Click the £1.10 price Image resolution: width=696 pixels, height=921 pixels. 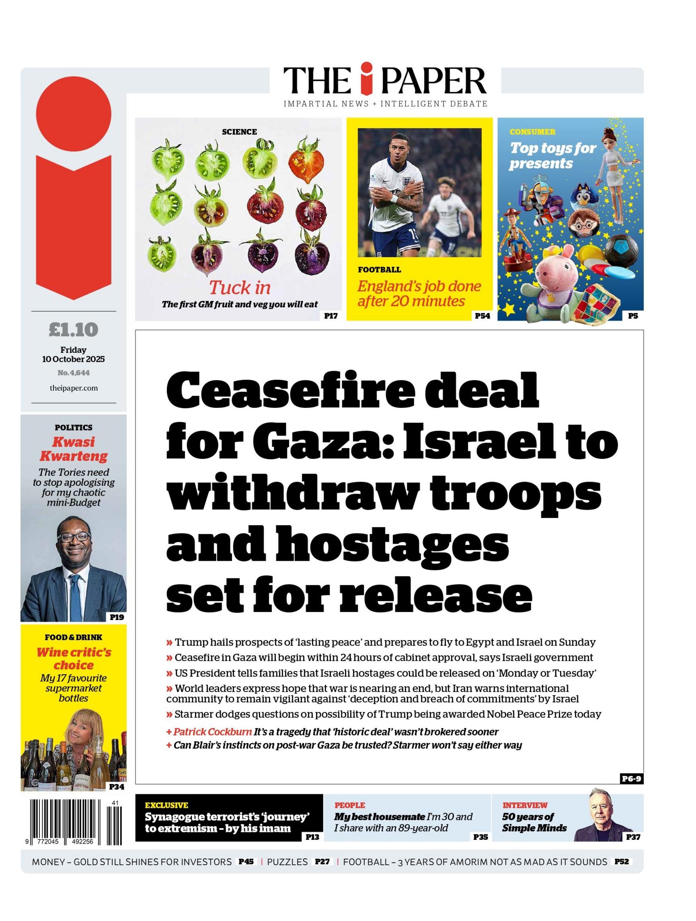pyautogui.click(x=73, y=330)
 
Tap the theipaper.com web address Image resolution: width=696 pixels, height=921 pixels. pyautogui.click(x=73, y=388)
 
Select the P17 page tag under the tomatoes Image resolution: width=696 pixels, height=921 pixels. pyautogui.click(x=331, y=316)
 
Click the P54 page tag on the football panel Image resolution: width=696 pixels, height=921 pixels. pyautogui.click(x=482, y=316)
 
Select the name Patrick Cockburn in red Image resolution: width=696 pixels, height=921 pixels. pyautogui.click(x=213, y=732)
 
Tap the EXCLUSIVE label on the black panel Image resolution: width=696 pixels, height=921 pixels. pyautogui.click(x=166, y=805)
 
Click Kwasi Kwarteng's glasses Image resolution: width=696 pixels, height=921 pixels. pyautogui.click(x=74, y=537)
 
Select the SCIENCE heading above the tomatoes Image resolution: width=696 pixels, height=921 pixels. pyautogui.click(x=239, y=132)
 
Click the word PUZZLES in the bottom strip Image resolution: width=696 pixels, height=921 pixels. pyautogui.click(x=288, y=862)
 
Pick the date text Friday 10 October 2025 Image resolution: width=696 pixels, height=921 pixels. pyautogui.click(x=73, y=354)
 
